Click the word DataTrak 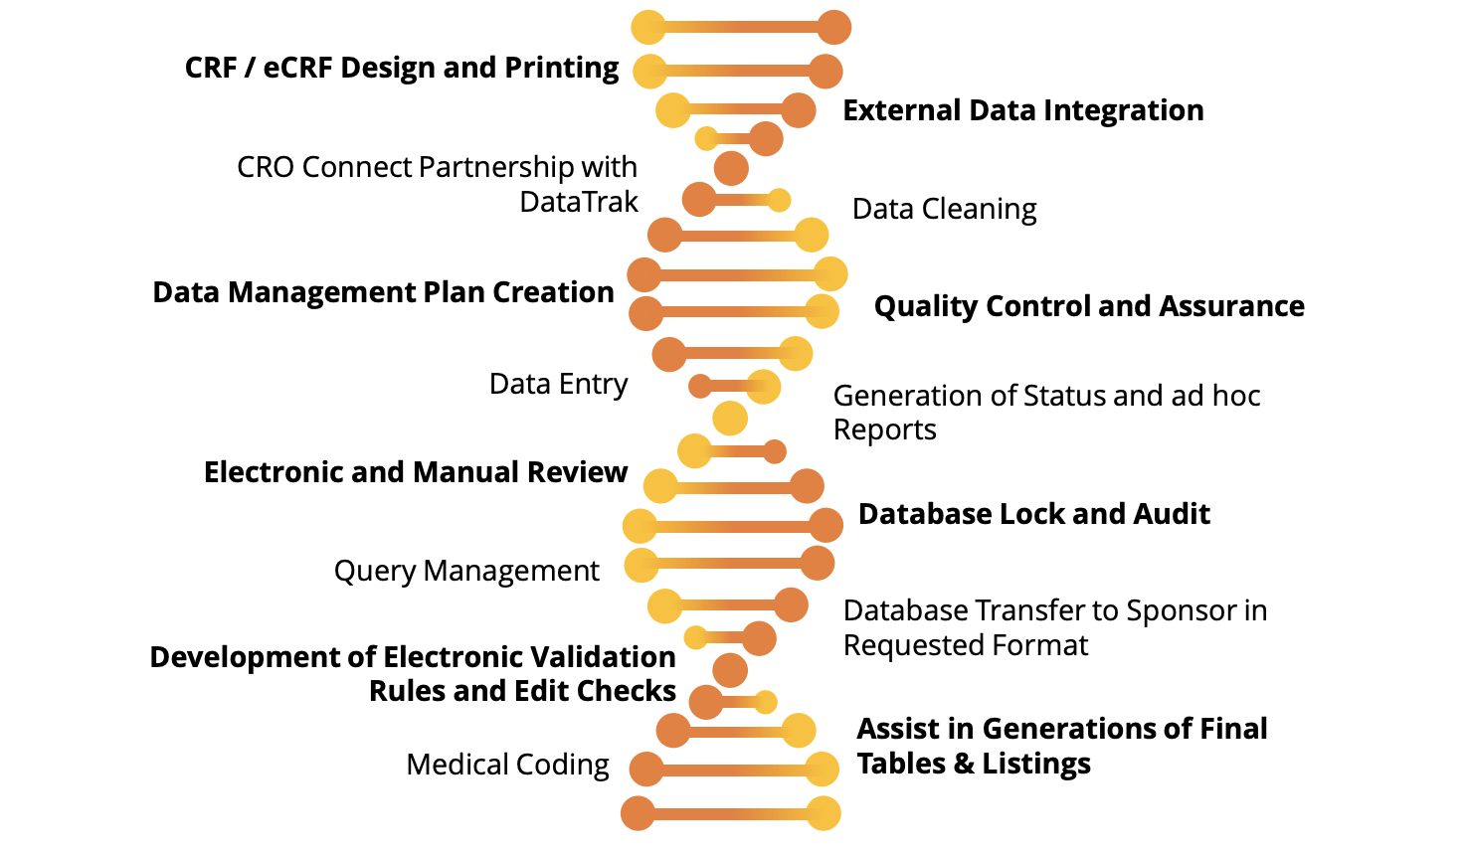pyautogui.click(x=579, y=202)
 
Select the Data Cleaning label pyautogui.click(x=944, y=209)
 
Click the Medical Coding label pyautogui.click(x=507, y=765)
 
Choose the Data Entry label pyautogui.click(x=558, y=384)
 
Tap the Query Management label pyautogui.click(x=466, y=571)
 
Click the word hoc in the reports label pyautogui.click(x=1236, y=396)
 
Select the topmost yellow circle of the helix pyautogui.click(x=648, y=27)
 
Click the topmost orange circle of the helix pyautogui.click(x=833, y=27)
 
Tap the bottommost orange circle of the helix pyautogui.click(x=639, y=813)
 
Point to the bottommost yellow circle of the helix pyautogui.click(x=824, y=813)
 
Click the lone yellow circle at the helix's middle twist pyautogui.click(x=730, y=419)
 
